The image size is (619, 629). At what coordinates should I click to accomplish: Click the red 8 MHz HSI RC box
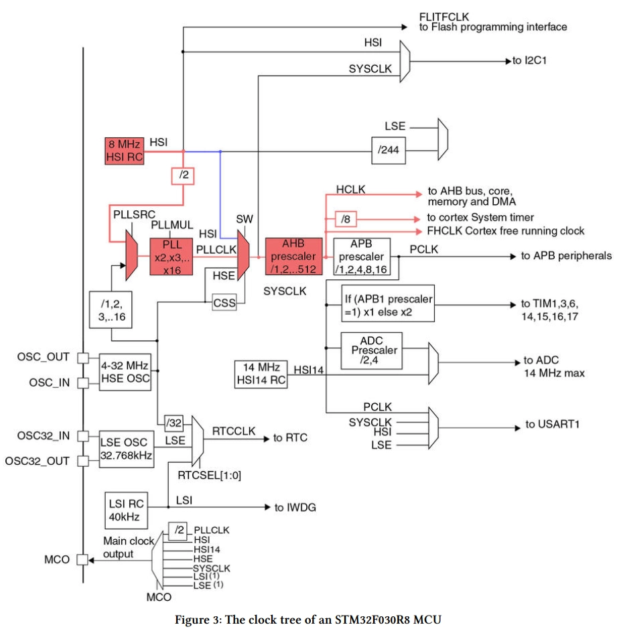point(125,151)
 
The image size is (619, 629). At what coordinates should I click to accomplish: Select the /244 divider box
point(389,151)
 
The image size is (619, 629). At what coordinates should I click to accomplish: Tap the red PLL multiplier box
point(171,257)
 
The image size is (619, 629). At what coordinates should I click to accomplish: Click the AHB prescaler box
point(293,257)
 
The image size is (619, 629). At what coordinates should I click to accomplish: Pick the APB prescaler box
point(362,257)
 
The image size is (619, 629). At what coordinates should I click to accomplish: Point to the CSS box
point(224,303)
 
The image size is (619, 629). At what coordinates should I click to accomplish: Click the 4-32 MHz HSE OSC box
point(125,372)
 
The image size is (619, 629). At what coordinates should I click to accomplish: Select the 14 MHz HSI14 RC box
point(261,374)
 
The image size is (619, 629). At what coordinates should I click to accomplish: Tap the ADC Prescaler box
point(372,350)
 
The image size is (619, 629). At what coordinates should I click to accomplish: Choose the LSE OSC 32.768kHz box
point(127,449)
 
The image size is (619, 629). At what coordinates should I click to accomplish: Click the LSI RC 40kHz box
point(126,510)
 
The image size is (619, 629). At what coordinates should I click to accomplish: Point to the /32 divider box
point(174,423)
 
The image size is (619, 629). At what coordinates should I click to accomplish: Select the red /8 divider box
point(346,219)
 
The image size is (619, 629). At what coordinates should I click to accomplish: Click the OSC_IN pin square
point(83,383)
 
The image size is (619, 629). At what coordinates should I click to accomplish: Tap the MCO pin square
point(82,559)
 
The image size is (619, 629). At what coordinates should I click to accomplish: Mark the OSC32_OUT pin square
point(83,462)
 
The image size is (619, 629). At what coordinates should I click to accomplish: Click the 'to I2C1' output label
point(529,60)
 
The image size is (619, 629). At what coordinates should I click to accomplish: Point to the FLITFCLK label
point(443,17)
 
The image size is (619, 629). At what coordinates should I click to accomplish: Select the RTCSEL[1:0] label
point(209,476)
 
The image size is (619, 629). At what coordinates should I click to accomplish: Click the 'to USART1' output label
point(553,424)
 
